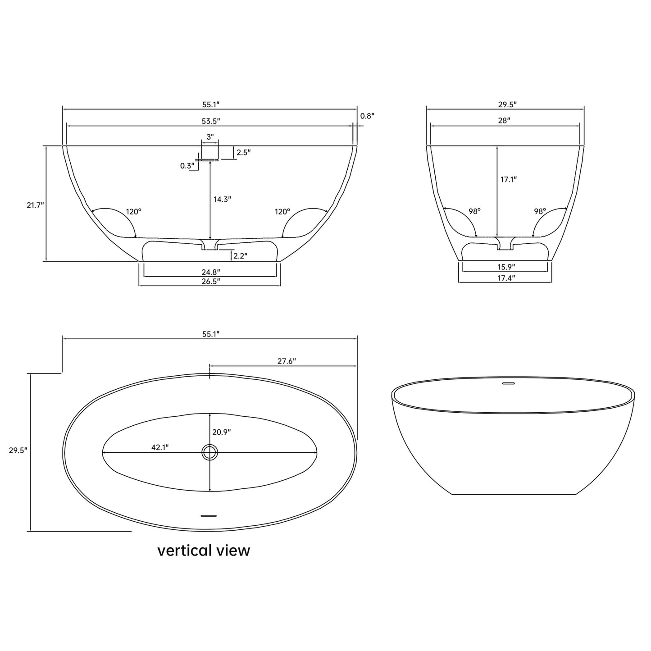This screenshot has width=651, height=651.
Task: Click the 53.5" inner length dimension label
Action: [x=210, y=121]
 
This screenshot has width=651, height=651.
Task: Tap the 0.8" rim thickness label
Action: [x=367, y=116]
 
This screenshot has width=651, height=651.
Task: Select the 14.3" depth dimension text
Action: [x=222, y=199]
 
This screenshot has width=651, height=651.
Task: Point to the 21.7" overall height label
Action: [x=35, y=205]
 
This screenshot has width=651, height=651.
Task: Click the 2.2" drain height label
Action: [x=240, y=256]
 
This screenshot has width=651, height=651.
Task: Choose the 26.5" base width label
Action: [x=210, y=281]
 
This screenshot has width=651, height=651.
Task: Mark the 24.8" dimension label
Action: [x=210, y=272]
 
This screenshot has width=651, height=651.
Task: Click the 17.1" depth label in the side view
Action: [x=509, y=179]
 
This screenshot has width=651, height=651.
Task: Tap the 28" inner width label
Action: [x=504, y=121]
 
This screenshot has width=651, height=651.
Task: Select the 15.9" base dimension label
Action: [x=506, y=267]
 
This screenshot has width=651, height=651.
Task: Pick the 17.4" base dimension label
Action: [x=506, y=278]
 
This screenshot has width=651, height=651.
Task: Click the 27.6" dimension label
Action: [x=287, y=361]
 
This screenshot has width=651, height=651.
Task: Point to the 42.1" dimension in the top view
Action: [x=160, y=447]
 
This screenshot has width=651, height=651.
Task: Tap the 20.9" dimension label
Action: [x=222, y=432]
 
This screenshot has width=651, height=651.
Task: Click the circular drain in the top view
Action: [x=210, y=452]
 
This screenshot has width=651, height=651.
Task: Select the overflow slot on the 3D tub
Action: [x=508, y=384]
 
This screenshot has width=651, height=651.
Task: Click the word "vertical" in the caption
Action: [x=184, y=550]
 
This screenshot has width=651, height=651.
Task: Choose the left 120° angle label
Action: [x=133, y=211]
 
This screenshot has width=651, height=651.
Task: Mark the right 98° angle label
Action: [x=540, y=211]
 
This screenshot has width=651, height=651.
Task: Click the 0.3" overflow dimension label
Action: [x=187, y=166]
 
